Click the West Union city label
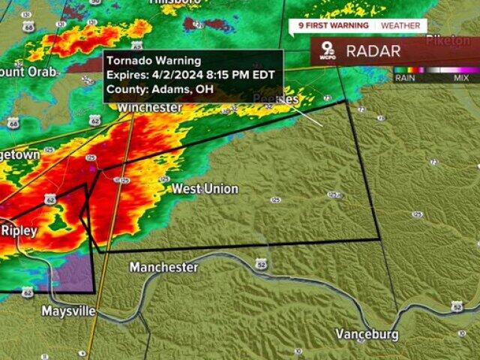pos(205,189)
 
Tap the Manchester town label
pos(163,267)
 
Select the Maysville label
pos(68,310)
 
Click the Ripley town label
pos(19,230)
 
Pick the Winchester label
pos(149,108)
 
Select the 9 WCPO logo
pos(328,51)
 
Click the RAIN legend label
pos(404,77)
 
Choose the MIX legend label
pos(461,77)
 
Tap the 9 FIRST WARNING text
pos(334,25)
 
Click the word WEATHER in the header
pos(400,25)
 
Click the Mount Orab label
pos(22,72)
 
